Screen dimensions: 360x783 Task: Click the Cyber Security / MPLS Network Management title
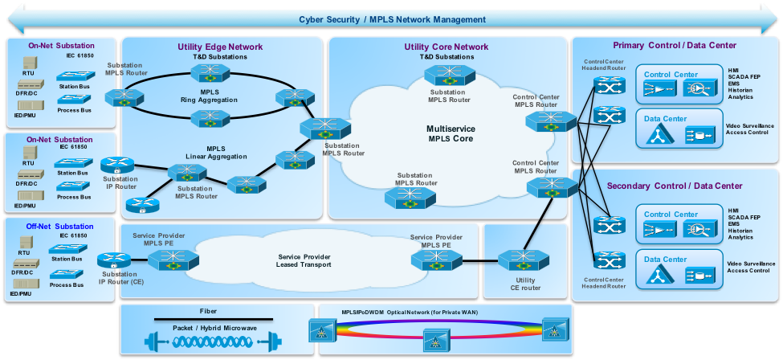392,19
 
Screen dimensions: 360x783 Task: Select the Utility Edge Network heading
212,47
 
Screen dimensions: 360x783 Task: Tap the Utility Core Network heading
447,47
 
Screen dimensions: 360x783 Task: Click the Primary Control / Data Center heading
675,45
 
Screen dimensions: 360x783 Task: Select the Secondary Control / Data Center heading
675,186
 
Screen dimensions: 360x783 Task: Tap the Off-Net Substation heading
60,226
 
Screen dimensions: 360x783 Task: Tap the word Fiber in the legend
208,310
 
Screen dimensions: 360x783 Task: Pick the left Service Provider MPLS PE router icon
169,260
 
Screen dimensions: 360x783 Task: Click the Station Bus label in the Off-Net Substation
67,259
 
